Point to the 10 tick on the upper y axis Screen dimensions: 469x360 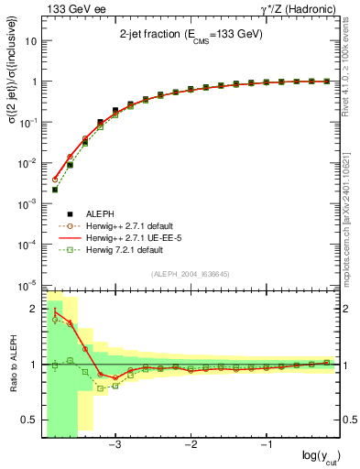point(32,41)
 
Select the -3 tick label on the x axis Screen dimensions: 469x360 point(115,446)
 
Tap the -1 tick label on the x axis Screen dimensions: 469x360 point(267,446)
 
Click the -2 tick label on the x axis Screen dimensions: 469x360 point(191,446)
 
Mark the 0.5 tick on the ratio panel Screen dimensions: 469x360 point(29,420)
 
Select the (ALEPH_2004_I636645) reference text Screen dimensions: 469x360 point(192,274)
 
